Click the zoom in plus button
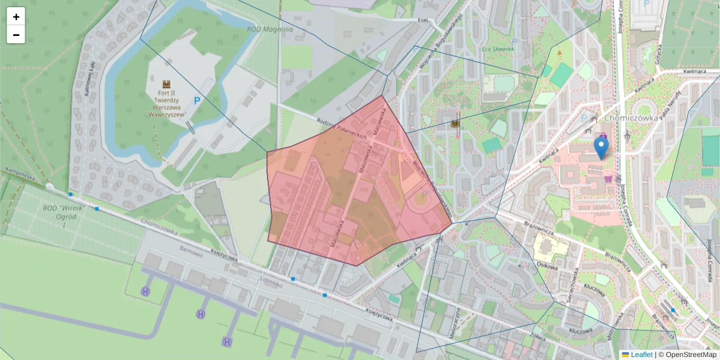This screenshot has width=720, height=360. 16,17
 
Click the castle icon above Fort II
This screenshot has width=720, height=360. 166,85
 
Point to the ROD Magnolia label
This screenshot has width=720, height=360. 270,29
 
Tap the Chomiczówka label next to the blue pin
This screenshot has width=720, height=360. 628,118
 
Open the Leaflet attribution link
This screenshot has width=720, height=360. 641,355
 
